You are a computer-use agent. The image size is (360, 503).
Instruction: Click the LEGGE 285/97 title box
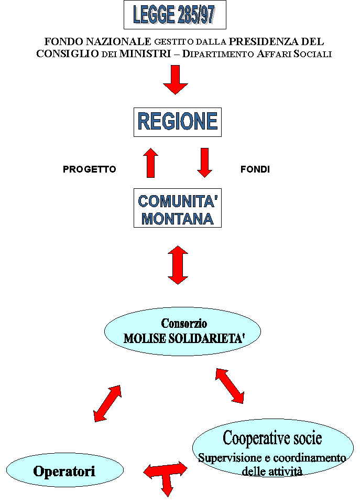tap(174, 15)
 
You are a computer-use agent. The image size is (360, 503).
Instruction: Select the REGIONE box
tap(178, 122)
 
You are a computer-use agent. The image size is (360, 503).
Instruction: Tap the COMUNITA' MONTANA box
tap(178, 208)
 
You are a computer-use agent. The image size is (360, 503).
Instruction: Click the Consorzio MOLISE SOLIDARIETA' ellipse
tap(182, 331)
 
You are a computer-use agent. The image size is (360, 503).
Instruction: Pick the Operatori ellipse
tap(65, 470)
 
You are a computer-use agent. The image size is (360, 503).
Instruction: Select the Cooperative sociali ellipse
tap(273, 448)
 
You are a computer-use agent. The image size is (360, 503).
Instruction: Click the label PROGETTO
tap(90, 169)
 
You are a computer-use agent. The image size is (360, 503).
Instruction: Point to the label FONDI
tap(255, 169)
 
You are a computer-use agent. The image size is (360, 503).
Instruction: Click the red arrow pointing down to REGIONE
tap(176, 80)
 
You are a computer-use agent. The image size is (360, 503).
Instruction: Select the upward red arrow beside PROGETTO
tap(151, 163)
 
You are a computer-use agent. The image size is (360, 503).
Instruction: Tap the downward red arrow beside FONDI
tap(204, 163)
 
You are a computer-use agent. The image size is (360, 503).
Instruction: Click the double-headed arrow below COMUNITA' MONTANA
tap(178, 265)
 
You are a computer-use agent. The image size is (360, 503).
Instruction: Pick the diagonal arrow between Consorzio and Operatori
tap(107, 403)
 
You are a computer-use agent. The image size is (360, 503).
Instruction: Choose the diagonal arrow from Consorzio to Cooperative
tap(230, 386)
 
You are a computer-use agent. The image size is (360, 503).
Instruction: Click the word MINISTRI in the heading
tap(145, 53)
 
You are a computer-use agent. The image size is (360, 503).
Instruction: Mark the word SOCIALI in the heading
tap(312, 53)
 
